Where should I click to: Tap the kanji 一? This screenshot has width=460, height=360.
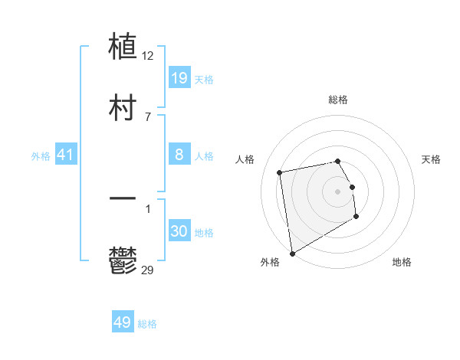coord(123,200)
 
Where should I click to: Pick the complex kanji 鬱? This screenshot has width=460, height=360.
coord(123,260)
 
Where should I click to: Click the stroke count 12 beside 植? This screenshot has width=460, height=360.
coord(149,55)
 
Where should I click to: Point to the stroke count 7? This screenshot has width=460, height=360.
coord(148,116)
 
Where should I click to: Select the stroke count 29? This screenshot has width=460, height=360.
coord(149,270)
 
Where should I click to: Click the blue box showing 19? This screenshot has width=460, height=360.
coord(179,78)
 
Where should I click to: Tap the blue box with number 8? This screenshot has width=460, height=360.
coord(179,155)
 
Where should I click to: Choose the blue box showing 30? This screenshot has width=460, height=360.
coord(179,231)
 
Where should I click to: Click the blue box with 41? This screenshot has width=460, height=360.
coord(66,155)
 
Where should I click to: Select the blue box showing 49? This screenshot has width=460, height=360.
coord(123,322)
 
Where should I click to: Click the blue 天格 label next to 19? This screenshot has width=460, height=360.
coord(204,80)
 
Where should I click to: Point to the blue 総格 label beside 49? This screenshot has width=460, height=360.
coord(147,324)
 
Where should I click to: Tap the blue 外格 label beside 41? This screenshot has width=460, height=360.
coord(41,156)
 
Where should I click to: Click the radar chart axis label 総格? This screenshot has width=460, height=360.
coord(338,100)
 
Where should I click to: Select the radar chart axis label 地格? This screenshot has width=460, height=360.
coord(402,262)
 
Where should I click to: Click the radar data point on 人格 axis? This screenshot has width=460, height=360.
coord(280,172)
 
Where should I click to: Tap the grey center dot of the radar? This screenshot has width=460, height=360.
coord(338,191)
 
